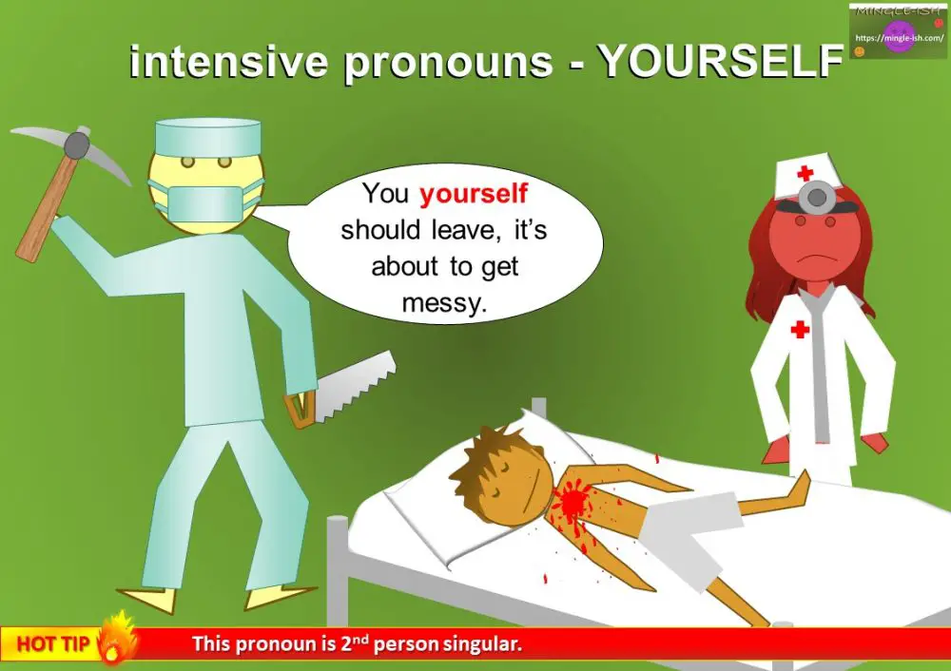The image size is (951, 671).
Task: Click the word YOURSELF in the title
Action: pos(720,63)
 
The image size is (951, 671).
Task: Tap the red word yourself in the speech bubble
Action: pos(474,195)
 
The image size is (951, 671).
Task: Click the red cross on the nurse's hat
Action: pos(805,173)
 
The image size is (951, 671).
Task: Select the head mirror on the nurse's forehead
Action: pos(814,198)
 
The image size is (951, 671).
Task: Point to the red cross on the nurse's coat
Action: pos(800,329)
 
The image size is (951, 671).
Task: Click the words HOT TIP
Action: pos(53,644)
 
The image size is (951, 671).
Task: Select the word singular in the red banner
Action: pos(481,644)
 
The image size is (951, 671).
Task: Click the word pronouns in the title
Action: pos(449,63)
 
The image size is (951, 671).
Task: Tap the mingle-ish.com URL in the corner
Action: pos(898,39)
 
